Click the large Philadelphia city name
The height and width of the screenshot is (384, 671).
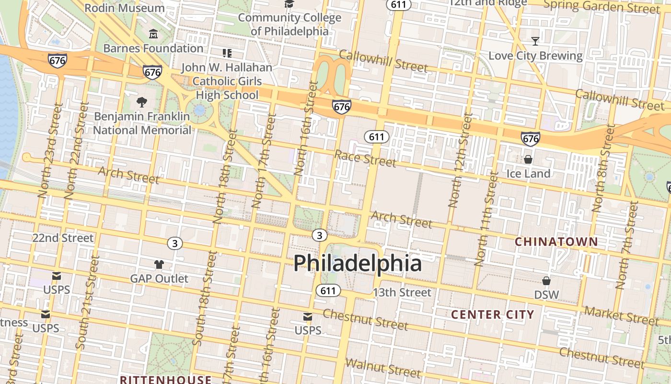[x=358, y=263]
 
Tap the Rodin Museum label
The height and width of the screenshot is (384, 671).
[x=125, y=8]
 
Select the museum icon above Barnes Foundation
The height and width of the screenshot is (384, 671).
[x=153, y=34]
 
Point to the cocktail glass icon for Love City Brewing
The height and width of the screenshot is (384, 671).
[x=535, y=41]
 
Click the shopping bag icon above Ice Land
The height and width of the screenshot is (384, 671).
[x=528, y=159]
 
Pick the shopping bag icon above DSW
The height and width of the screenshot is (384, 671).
[x=546, y=280]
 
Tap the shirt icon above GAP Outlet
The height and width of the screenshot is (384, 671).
[x=159, y=264]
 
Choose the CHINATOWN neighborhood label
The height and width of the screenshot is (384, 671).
[x=556, y=241]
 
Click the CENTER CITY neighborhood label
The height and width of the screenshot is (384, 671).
[x=493, y=315]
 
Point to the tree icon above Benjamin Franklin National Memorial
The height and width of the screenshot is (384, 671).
[x=141, y=102]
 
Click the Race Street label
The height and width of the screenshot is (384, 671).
[x=366, y=158]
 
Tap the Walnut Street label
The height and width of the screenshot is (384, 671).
[x=383, y=368]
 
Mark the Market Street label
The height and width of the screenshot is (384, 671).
[x=622, y=315]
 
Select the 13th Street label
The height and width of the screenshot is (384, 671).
[x=402, y=292]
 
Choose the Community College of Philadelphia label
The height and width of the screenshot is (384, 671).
[x=290, y=24]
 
